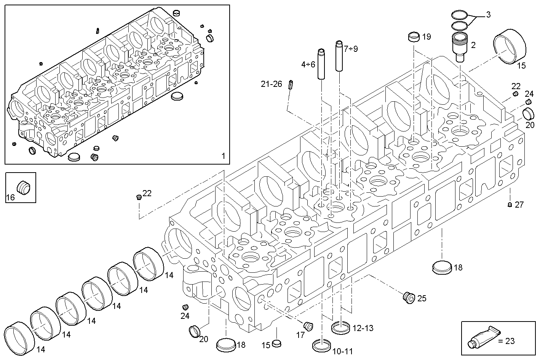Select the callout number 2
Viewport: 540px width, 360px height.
[x=473, y=45]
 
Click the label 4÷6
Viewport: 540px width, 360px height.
[x=308, y=64]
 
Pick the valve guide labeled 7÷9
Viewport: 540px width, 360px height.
[x=340, y=55]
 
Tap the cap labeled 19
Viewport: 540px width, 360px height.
[x=413, y=37]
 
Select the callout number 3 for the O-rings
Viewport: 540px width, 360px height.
[x=488, y=15]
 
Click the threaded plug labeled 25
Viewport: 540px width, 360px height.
[x=408, y=298]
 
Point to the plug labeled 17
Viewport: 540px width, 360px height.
[x=308, y=326]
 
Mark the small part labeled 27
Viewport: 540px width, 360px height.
[x=510, y=205]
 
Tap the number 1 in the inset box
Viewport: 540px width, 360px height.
[x=223, y=156]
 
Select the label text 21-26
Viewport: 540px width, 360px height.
[x=271, y=84]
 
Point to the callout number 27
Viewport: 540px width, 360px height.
[x=519, y=205]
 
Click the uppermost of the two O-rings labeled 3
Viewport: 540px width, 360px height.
[x=460, y=15]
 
